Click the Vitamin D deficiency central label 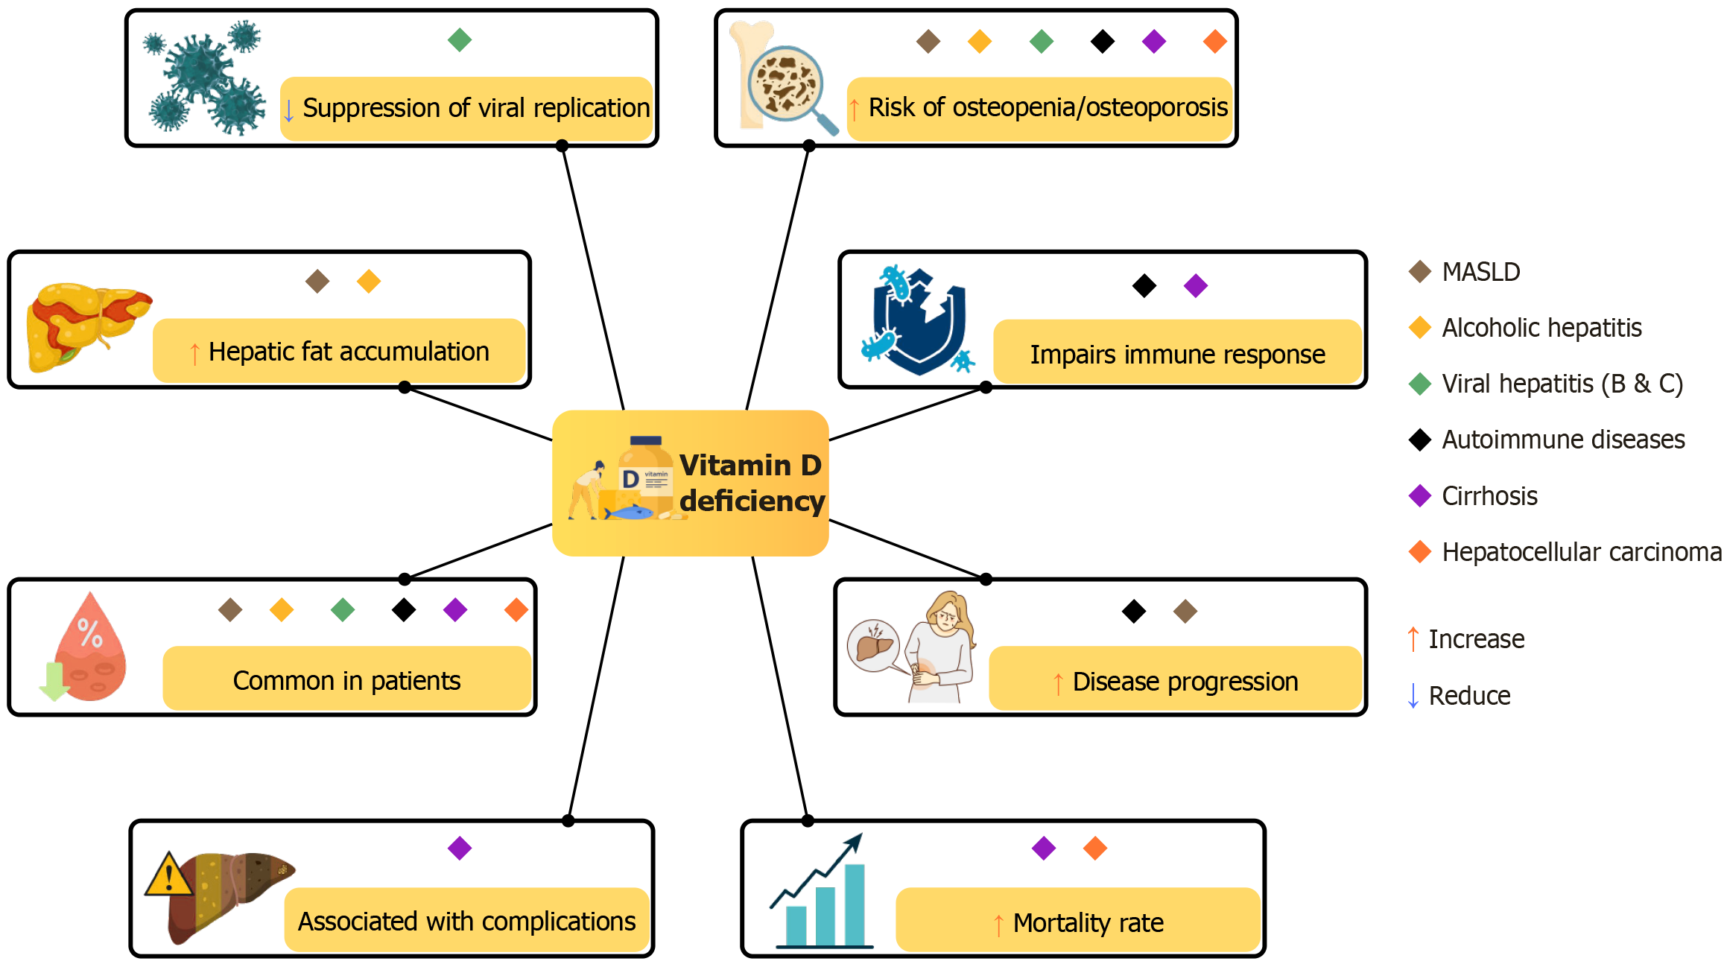(x=751, y=483)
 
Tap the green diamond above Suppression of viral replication (x=460, y=39)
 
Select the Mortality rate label (x=1088, y=923)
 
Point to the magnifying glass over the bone (x=790, y=86)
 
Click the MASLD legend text (x=1480, y=272)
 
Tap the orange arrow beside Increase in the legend (x=1413, y=639)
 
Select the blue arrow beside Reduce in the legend (x=1413, y=696)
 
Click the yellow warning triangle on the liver (x=169, y=875)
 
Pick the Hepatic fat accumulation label (x=349, y=352)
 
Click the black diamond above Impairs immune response (x=1144, y=285)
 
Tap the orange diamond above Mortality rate (x=1095, y=848)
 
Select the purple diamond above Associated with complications (x=460, y=848)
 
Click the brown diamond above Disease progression (x=1185, y=612)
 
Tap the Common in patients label (x=346, y=681)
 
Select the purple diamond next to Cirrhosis (x=1420, y=496)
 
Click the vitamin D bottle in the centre (x=645, y=477)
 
